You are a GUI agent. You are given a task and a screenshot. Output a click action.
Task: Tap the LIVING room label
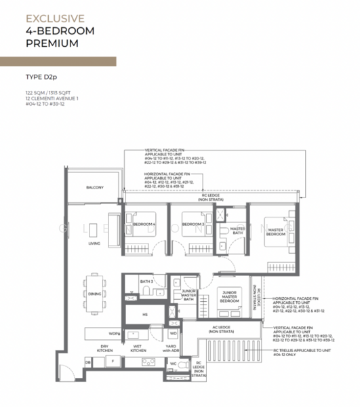tap(94, 242)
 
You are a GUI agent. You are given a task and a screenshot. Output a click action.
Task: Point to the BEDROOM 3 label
tap(193, 224)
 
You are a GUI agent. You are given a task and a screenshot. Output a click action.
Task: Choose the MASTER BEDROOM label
tap(275, 232)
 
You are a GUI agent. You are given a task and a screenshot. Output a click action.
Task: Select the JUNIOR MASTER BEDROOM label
tap(229, 296)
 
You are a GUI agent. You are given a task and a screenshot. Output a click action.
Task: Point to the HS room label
tap(145, 314)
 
